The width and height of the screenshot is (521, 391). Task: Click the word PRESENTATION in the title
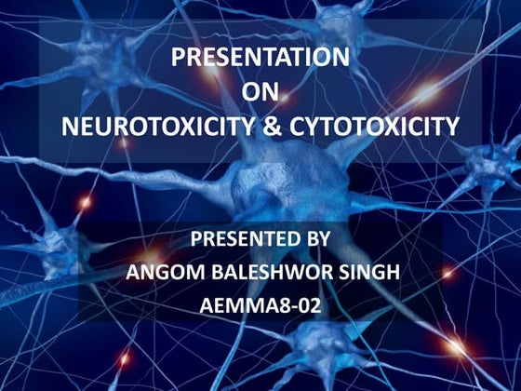pyautogui.click(x=260, y=58)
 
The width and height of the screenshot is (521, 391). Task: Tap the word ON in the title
pyautogui.click(x=260, y=90)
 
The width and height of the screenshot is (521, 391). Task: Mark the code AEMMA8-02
pyautogui.click(x=260, y=303)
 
